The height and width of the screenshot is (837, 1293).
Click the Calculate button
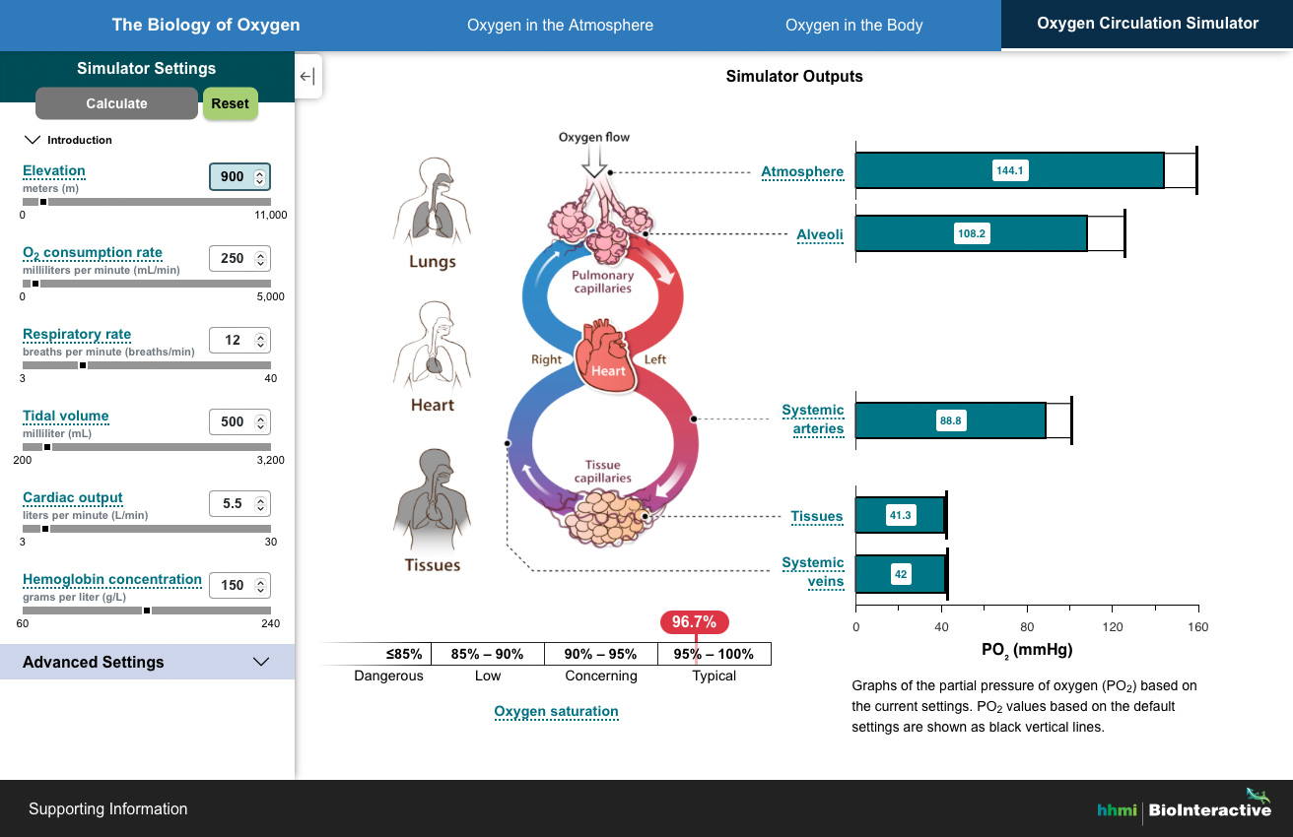(116, 103)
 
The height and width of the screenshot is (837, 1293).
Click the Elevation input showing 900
(232, 177)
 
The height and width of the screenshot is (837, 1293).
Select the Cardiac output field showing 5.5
(232, 503)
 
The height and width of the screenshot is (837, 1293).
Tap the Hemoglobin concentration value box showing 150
(232, 585)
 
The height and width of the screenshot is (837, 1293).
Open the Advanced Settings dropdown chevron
(261, 662)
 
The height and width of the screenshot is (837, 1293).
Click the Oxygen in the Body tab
(853, 26)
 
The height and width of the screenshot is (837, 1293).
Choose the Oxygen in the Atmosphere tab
(560, 26)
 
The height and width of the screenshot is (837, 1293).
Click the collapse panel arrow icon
(307, 77)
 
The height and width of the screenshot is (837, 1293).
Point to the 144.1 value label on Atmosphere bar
(1010, 170)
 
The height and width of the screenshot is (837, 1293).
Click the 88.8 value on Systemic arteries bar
(950, 420)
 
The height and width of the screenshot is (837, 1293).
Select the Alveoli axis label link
(820, 234)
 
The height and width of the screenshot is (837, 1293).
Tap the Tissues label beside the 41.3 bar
(816, 516)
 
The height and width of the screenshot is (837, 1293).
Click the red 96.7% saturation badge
(695, 622)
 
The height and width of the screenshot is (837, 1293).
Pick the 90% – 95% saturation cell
(601, 654)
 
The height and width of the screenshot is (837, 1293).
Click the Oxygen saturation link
(556, 711)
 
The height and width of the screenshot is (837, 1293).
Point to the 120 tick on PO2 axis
(1112, 627)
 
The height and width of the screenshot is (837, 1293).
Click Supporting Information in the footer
(107, 808)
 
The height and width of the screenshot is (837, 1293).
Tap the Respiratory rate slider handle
(83, 365)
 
